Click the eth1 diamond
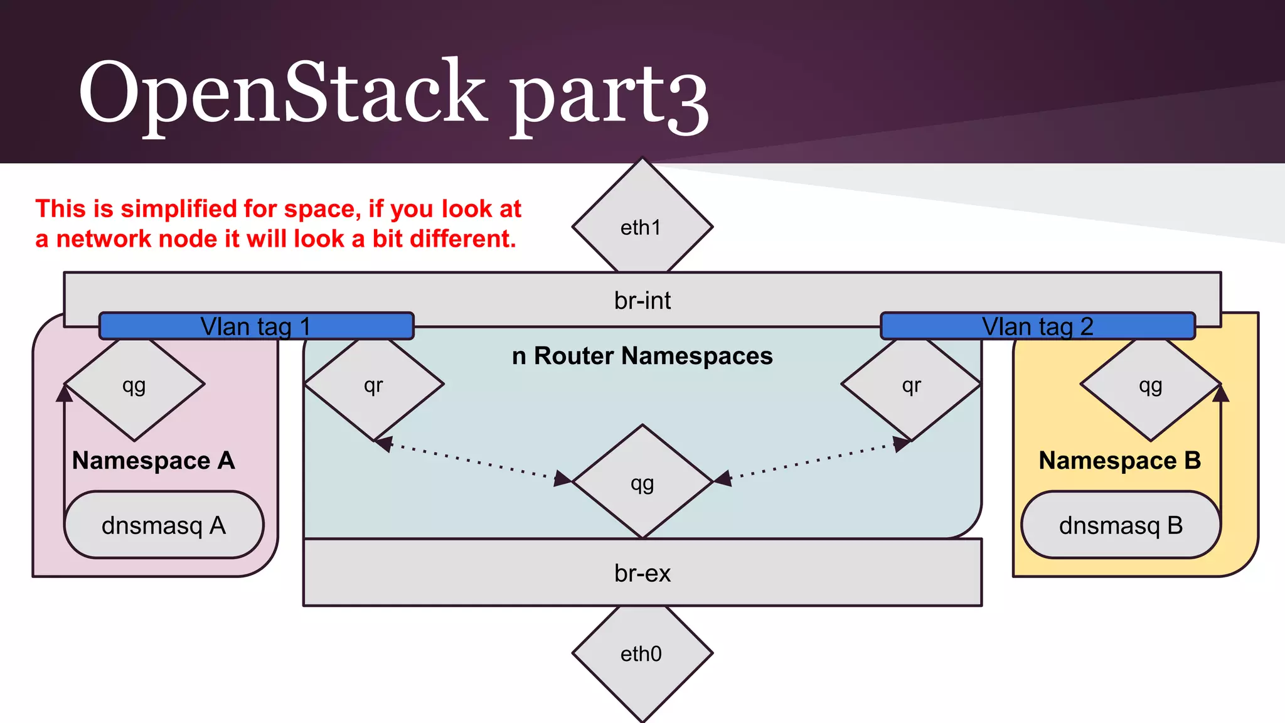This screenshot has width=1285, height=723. coord(642,227)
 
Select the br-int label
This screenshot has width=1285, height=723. coord(642,301)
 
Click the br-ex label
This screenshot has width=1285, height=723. coord(642,573)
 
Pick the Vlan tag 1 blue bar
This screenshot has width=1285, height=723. coord(256,326)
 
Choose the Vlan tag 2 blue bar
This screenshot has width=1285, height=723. coord(1037,326)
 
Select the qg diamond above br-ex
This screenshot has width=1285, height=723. coord(642,483)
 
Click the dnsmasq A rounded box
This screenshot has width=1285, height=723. coord(164,525)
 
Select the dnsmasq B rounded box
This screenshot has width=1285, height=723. coord(1121,525)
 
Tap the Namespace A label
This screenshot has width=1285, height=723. coord(154,461)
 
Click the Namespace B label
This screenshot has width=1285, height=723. coord(1119,461)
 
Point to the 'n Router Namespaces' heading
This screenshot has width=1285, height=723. coord(642,356)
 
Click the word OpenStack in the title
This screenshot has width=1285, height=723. coord(282,93)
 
